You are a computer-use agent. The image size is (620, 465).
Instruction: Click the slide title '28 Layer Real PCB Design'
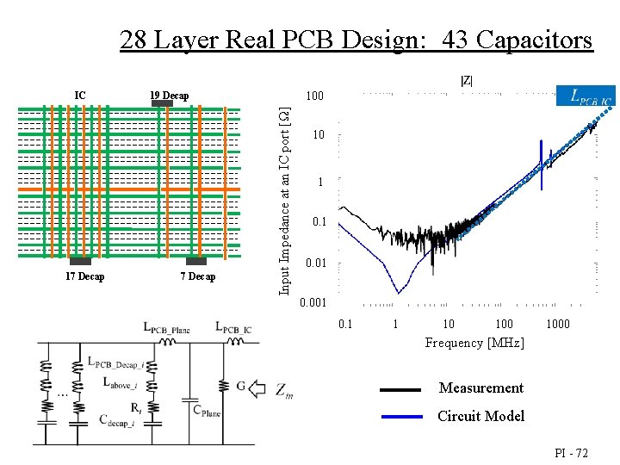pyautogui.click(x=356, y=40)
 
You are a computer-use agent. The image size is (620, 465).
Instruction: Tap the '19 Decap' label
pyautogui.click(x=169, y=95)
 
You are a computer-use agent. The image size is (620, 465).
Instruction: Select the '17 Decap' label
pyautogui.click(x=84, y=276)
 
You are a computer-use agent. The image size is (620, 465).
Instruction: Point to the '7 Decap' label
pyautogui.click(x=198, y=276)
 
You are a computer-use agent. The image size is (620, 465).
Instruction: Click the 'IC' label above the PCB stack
pyautogui.click(x=80, y=95)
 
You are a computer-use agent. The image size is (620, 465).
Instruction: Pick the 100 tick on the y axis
pyautogui.click(x=316, y=96)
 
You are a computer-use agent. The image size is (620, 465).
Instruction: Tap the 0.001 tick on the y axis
pyautogui.click(x=313, y=303)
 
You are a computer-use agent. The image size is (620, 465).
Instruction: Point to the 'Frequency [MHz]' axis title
pyautogui.click(x=474, y=343)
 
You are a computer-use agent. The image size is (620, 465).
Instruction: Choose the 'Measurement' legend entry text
pyautogui.click(x=480, y=388)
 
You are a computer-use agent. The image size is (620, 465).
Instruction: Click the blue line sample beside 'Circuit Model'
pyautogui.click(x=400, y=416)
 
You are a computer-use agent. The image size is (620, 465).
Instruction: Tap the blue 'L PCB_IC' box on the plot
pyautogui.click(x=586, y=96)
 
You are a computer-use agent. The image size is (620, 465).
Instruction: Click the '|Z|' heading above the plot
pyautogui.click(x=466, y=81)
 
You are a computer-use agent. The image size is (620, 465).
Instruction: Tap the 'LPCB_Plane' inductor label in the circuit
pyautogui.click(x=166, y=328)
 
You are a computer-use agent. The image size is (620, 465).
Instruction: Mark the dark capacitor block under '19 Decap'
pyautogui.click(x=162, y=104)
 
